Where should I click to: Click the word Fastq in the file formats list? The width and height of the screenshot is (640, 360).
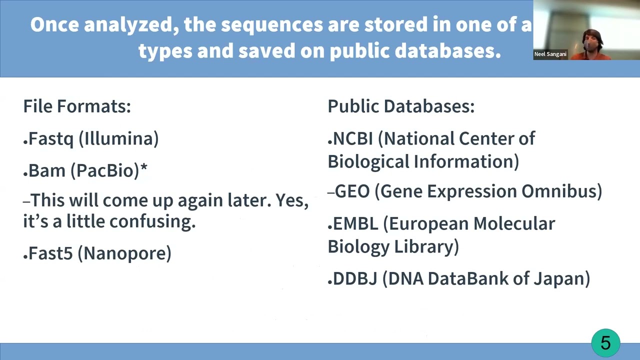coord(51,139)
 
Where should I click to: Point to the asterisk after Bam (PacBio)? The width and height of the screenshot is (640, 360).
coord(144,168)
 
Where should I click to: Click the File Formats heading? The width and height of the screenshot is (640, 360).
coord(77,106)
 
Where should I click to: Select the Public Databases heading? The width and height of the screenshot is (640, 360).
coord(401,106)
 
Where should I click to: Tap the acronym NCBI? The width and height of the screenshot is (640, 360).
coord(353,139)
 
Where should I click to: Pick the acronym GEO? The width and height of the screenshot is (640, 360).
coord(352,191)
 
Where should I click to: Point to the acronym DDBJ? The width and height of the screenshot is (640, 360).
coord(355,278)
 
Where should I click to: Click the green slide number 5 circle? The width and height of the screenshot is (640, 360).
coord(605,343)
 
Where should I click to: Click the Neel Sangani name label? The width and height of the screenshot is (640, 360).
coord(550,54)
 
